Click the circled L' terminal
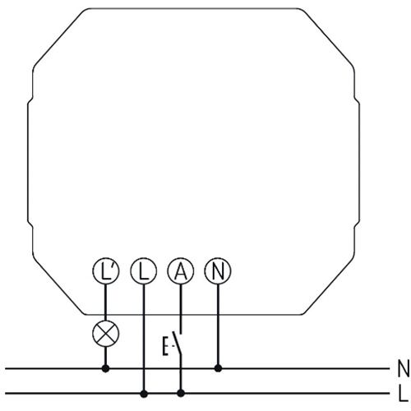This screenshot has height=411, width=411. pos(106,270)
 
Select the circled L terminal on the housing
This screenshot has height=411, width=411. pos(144,270)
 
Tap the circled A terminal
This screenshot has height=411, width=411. pos(181,270)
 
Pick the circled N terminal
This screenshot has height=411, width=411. pos(218,270)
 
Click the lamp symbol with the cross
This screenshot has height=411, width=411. pos(106,334)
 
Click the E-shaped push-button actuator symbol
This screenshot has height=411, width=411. pos(165,346)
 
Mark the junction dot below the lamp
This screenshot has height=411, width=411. pos(105,368)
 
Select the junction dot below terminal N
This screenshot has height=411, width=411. pos(218,368)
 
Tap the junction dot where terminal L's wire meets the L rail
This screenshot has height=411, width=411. pos(144,394)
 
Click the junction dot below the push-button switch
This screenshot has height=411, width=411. pos(181,394)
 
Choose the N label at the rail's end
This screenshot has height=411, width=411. pos(404,368)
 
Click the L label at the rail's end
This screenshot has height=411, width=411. pos(403,394)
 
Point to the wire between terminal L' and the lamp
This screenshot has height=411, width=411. pos(106,302)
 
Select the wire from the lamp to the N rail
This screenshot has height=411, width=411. pos(106,356)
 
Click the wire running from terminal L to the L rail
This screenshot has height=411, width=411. pos(144,338)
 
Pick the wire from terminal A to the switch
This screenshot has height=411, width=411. pos(181,309)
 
